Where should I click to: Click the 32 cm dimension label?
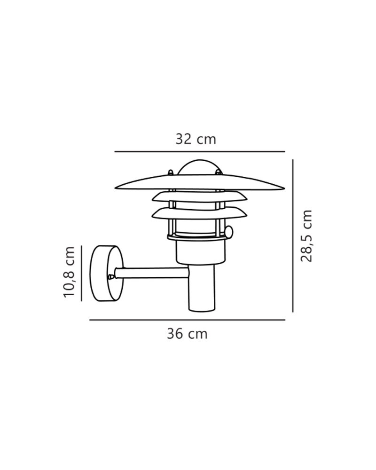pyautogui.click(x=196, y=140)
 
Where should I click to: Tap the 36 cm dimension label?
pyautogui.click(x=187, y=334)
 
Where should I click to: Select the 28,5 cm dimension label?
pyautogui.click(x=306, y=236)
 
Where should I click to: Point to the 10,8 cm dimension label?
pyautogui.click(x=69, y=272)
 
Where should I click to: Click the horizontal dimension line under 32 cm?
pyautogui.click(x=200, y=152)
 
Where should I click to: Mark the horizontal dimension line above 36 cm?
pyautogui.click(x=187, y=320)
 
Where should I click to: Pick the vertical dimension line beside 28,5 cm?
pyautogui.click(x=293, y=235)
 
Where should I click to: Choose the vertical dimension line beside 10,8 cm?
pyautogui.click(x=82, y=273)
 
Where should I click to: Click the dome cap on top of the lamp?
pyautogui.click(x=200, y=167)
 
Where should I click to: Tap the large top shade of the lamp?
pyautogui.click(x=200, y=182)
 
